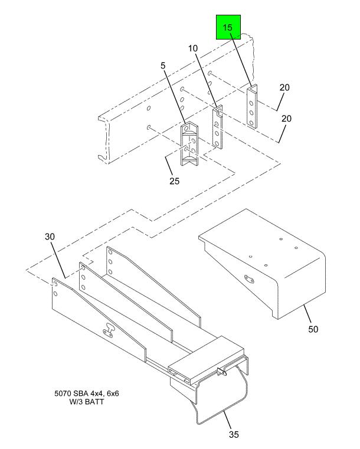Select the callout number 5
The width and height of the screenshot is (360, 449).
click(x=162, y=67)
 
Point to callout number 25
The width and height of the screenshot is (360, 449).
click(x=174, y=181)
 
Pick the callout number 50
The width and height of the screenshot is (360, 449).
click(x=312, y=329)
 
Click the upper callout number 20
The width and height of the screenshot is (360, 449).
click(x=284, y=88)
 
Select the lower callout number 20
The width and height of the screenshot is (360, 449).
click(x=287, y=119)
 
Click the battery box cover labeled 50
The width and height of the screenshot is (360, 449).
click(x=266, y=260)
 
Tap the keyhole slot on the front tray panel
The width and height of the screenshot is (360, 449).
click(x=110, y=332)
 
